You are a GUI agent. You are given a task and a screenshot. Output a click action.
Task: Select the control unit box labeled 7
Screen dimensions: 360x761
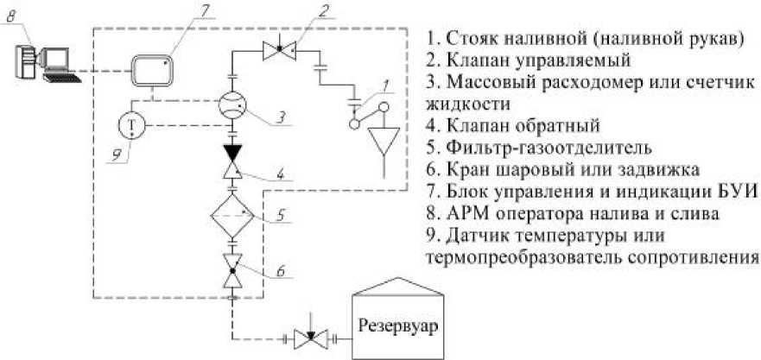pos(152,70)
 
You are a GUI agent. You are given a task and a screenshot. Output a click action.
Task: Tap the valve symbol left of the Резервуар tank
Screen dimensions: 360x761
pos(307,339)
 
